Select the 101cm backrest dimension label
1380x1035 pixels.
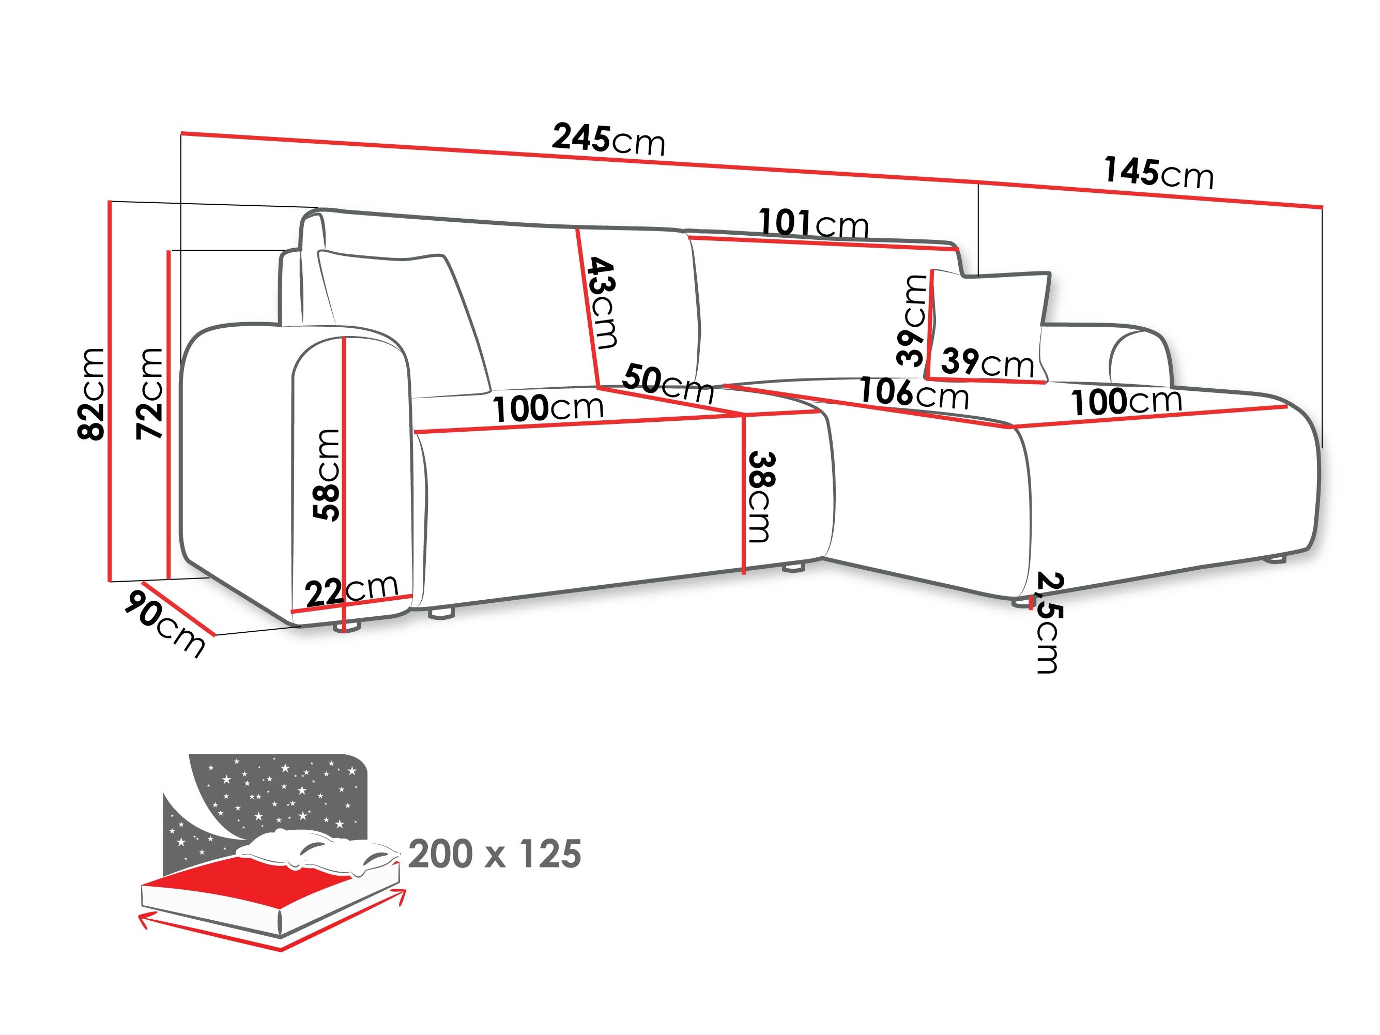(x=813, y=223)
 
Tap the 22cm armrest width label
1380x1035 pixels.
(x=351, y=588)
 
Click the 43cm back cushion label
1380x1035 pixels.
(x=602, y=302)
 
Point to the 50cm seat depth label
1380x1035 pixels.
(x=668, y=383)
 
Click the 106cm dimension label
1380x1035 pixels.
(x=913, y=393)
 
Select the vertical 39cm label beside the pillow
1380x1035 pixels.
(x=912, y=320)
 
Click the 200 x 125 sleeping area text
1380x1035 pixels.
(x=495, y=855)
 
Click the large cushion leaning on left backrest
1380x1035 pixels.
(x=406, y=318)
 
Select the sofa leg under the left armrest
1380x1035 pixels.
(x=347, y=626)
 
